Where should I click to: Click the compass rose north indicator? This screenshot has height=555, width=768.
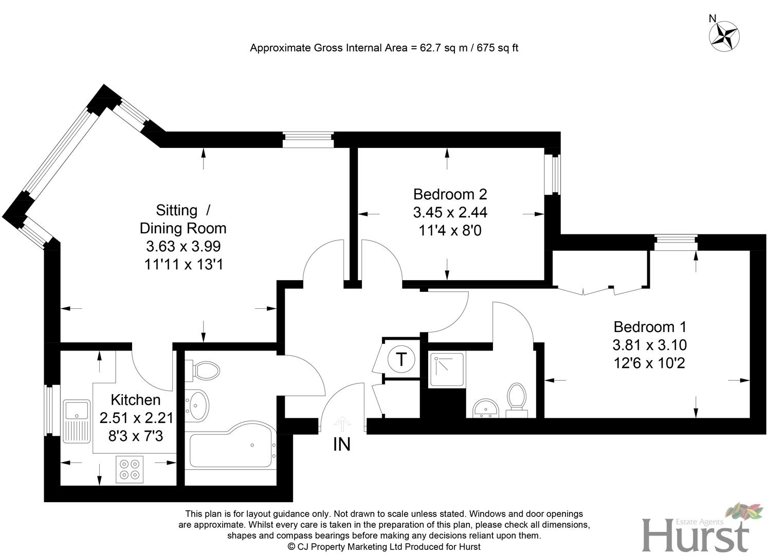point(724,36)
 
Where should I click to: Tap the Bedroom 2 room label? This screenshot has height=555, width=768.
point(450,194)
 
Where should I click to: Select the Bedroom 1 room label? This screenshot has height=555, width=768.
point(650,327)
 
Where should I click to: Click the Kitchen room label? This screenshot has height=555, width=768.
point(136,400)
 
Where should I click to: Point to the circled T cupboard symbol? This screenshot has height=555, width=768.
point(401,359)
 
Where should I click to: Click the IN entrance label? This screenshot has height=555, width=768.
point(342,445)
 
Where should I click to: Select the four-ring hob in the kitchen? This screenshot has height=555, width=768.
point(129,469)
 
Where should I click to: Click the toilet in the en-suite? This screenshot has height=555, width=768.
point(516,399)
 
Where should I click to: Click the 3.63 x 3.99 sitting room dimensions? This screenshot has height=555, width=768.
point(183,246)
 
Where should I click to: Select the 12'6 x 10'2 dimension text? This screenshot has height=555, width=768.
point(650,363)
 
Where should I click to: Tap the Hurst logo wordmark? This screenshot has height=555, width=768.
point(695,535)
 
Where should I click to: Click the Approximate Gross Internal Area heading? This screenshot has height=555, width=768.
point(383,48)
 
